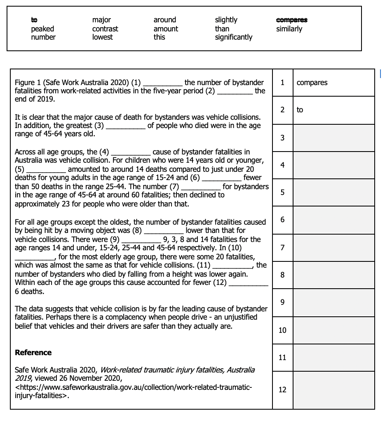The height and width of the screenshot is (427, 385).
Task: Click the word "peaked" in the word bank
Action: pyautogui.click(x=42, y=29)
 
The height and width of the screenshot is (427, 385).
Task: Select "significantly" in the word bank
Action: pyautogui.click(x=233, y=37)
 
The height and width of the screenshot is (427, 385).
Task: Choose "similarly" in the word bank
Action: pyautogui.click(x=289, y=29)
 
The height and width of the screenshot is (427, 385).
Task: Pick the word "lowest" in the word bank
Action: pyautogui.click(x=103, y=37)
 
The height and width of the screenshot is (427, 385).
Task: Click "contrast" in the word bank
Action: pyautogui.click(x=105, y=29)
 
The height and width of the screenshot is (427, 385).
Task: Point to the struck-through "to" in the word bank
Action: pyautogui.click(x=34, y=20)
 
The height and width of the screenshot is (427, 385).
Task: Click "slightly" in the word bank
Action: pyautogui.click(x=226, y=20)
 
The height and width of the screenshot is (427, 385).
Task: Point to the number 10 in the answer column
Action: pyautogui.click(x=282, y=330)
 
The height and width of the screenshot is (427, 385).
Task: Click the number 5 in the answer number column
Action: pyautogui.click(x=282, y=192)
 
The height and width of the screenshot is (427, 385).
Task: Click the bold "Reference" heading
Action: pyautogui.click(x=33, y=352)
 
